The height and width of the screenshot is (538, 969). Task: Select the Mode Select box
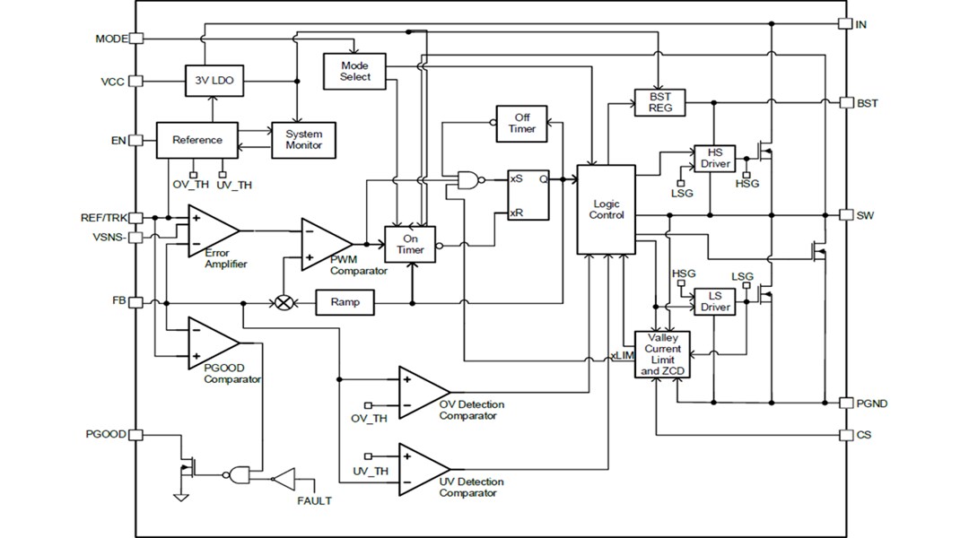(354, 71)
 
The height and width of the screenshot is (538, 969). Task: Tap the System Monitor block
(303, 140)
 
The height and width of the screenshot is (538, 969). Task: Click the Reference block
(197, 140)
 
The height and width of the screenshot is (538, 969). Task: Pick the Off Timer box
(521, 123)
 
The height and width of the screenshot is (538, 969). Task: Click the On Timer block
(410, 244)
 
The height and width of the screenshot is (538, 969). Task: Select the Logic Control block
(606, 210)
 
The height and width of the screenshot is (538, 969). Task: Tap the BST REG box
(659, 102)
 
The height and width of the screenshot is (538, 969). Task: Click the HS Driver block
(715, 158)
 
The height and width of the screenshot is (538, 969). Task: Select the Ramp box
(345, 302)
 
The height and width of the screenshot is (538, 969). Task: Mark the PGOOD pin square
(136, 435)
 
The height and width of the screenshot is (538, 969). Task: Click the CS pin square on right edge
(844, 435)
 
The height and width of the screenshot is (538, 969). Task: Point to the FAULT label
(314, 500)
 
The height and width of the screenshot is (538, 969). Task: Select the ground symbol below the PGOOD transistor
(181, 495)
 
